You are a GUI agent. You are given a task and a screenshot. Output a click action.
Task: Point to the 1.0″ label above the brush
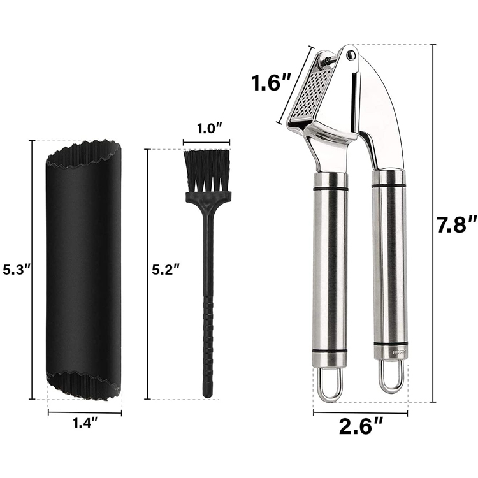point(206,129)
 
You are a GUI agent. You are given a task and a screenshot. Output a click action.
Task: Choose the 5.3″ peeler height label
point(17,270)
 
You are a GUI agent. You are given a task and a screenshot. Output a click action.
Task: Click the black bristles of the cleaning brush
point(207,171)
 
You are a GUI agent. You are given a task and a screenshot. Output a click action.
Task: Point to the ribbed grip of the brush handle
point(207,344)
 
